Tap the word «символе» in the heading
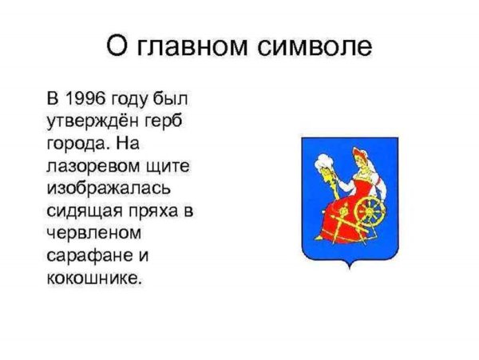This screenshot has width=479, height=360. click(x=316, y=47)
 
